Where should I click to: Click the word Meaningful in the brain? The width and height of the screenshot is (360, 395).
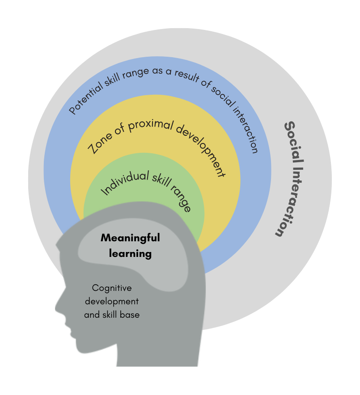pos(130,238)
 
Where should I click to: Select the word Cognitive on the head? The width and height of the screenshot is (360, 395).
pos(112,288)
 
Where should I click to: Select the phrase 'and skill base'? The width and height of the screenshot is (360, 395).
pos(112,315)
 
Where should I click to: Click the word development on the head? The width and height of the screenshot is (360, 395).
pos(112,302)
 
